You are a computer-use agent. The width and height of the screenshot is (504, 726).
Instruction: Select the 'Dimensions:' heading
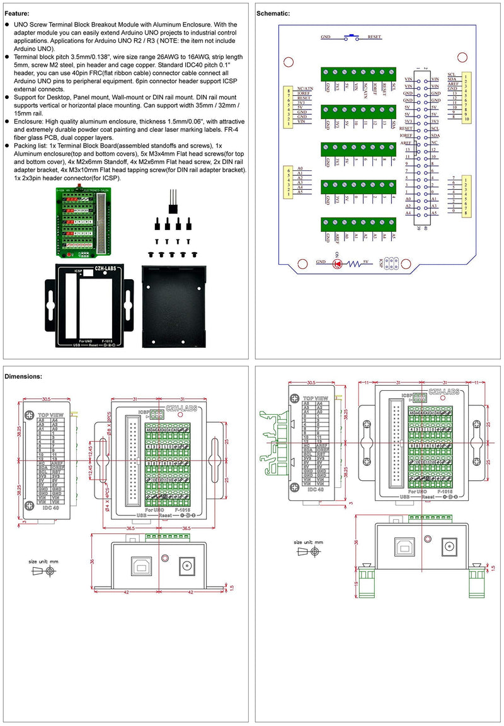23,376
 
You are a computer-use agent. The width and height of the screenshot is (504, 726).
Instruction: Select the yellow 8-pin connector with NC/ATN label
289,107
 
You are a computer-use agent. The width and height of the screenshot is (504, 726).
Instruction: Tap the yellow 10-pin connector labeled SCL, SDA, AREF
466,98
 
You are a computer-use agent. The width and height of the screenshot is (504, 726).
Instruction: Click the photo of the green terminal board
84,223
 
